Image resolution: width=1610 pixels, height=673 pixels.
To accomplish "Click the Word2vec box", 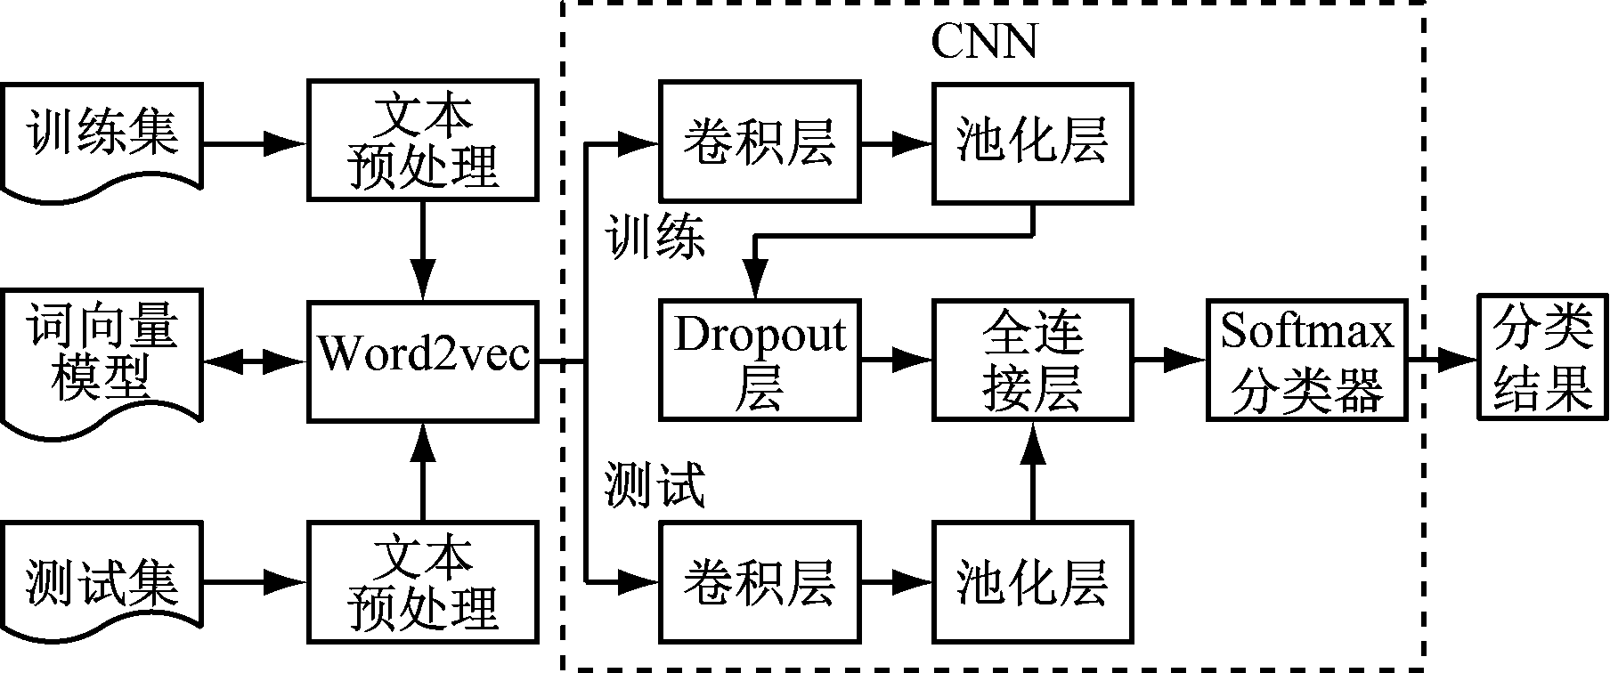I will [423, 361].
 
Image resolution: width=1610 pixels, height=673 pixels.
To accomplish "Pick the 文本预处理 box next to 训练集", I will [423, 141].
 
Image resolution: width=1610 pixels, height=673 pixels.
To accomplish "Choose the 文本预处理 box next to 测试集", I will [423, 583].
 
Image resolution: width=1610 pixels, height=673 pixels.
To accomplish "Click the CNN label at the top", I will [984, 40].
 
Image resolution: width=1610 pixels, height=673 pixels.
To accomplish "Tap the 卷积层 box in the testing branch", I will [760, 583].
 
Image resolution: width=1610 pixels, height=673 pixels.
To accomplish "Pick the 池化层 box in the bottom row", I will [1033, 583].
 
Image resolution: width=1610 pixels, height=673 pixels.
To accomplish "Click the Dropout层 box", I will [760, 361].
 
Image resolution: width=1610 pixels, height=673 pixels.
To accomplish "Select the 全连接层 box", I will [1033, 361].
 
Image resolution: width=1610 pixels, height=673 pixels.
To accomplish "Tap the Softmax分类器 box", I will [1306, 361].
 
